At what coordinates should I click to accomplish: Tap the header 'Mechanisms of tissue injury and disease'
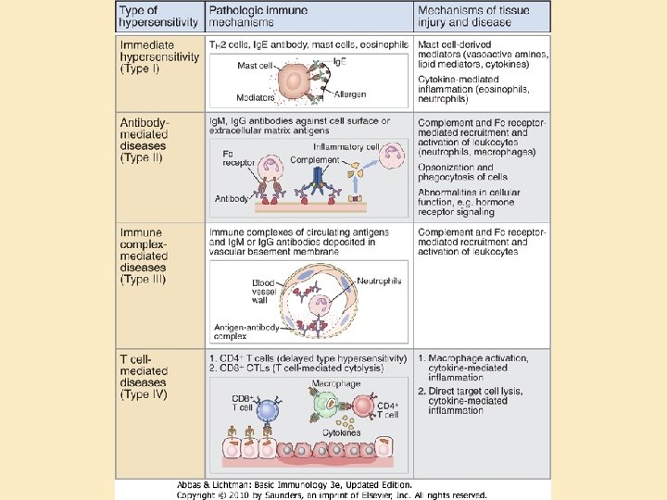(x=472, y=15)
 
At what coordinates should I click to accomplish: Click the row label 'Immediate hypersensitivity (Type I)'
(x=159, y=56)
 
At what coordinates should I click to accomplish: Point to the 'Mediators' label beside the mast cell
(x=255, y=97)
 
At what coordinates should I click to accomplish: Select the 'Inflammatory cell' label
(x=346, y=146)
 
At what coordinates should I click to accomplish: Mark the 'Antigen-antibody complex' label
(x=243, y=331)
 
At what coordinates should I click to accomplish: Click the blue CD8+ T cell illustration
(x=268, y=409)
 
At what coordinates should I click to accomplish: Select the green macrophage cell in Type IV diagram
(x=325, y=405)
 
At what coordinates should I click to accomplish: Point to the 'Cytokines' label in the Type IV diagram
(x=341, y=432)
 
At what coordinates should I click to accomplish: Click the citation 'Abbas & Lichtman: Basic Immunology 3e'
(x=295, y=484)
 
